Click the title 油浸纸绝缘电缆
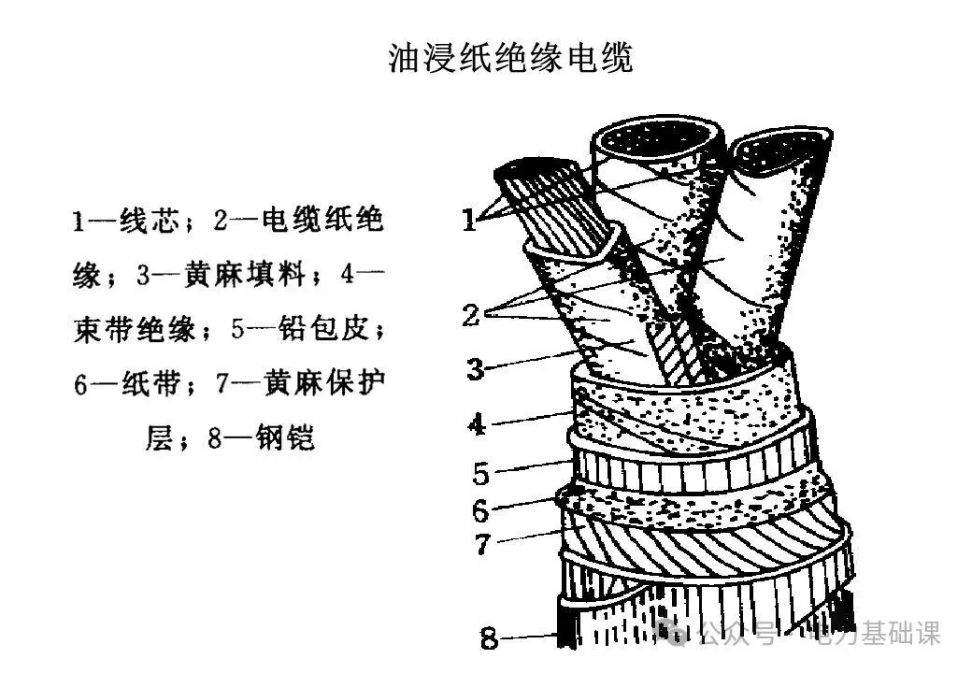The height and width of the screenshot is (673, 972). tap(510, 58)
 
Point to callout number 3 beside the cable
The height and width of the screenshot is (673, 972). tap(476, 368)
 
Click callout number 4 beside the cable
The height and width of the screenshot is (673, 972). tap(477, 424)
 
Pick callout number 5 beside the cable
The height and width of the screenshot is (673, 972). tap(480, 474)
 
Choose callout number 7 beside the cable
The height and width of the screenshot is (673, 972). tap(482, 544)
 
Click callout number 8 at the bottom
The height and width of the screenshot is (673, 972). tap(490, 639)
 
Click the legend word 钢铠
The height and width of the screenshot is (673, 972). tap(285, 437)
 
